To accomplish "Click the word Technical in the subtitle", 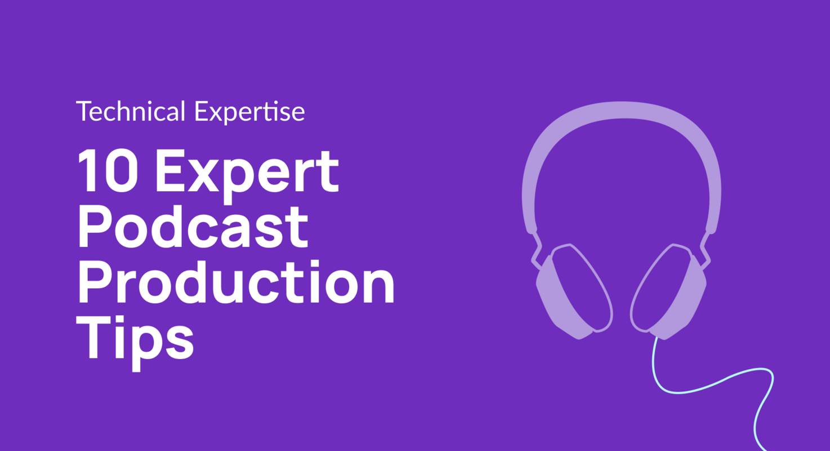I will (x=131, y=112).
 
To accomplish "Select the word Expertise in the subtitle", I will (x=249, y=112).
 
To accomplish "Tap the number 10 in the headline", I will (x=108, y=171).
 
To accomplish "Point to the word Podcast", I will (x=193, y=227).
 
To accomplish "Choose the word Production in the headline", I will (x=235, y=281).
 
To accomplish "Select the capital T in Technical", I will (x=83, y=111).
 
